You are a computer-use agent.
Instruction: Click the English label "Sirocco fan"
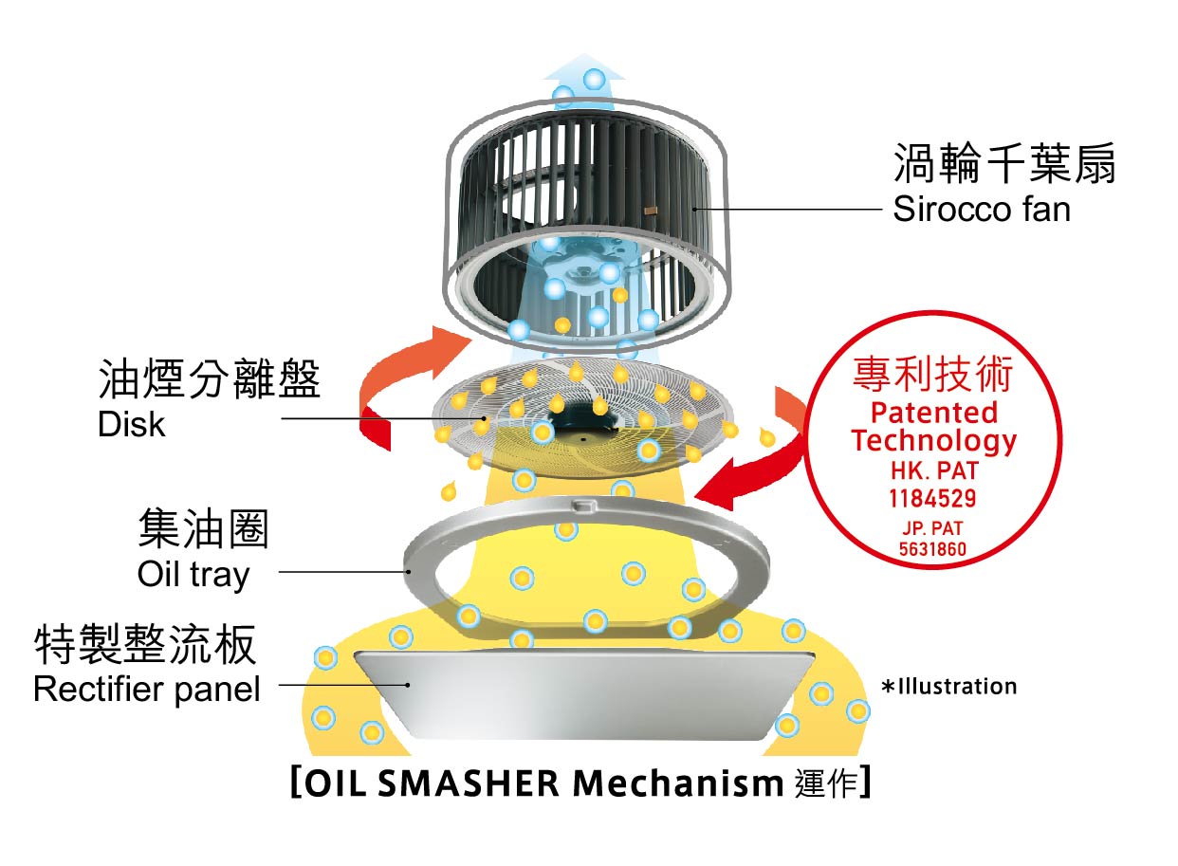[981, 209]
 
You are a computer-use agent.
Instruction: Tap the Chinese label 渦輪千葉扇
[1004, 164]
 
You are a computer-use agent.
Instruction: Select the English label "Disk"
[131, 424]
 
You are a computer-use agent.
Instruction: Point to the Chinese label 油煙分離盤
[210, 380]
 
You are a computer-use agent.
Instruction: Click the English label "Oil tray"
[193, 574]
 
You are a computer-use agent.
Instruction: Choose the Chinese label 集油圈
[203, 528]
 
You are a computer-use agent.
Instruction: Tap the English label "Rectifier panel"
[146, 689]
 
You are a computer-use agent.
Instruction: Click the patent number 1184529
[932, 497]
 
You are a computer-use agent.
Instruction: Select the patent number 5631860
[932, 549]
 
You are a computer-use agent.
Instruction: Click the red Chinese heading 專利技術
[932, 376]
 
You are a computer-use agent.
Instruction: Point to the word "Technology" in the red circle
[933, 440]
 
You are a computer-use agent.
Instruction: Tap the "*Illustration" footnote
[948, 686]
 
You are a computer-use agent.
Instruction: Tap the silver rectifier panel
[583, 697]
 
